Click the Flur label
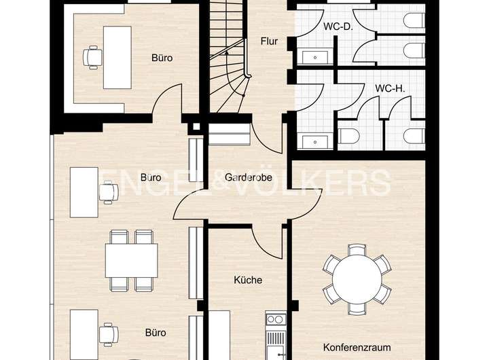tap(270, 41)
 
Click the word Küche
tap(248, 279)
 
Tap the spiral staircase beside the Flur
tap(228, 65)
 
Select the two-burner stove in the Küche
tap(274, 319)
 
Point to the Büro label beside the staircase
tap(162, 58)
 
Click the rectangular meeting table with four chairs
tap(131, 257)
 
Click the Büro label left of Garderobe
tap(150, 177)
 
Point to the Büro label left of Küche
tap(156, 333)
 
